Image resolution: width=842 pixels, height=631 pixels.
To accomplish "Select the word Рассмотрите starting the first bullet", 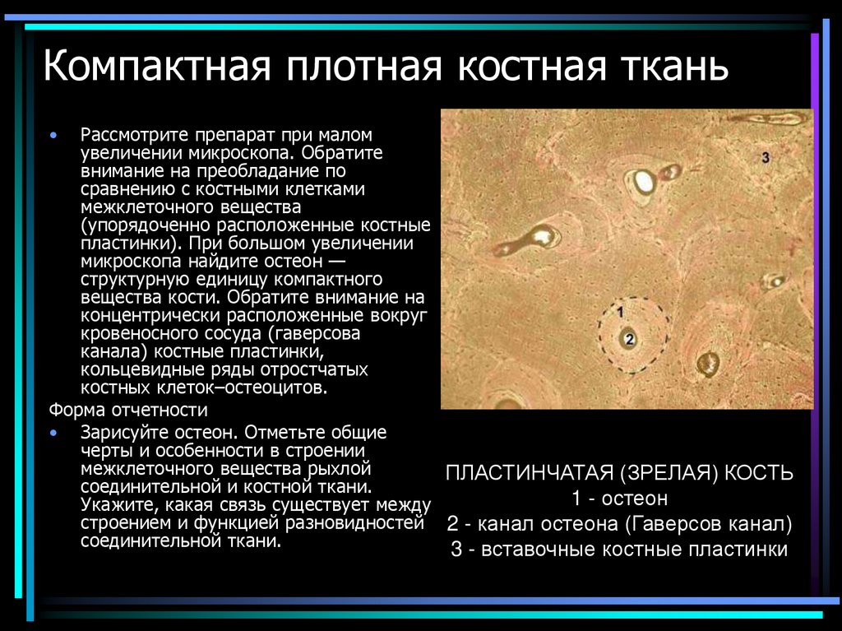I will tap(132, 133).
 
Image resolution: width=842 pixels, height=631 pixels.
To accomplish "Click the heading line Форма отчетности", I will tap(128, 410).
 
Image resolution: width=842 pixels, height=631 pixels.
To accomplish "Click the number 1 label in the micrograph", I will tap(621, 310).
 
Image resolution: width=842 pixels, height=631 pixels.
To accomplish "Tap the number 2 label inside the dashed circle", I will tap(629, 338).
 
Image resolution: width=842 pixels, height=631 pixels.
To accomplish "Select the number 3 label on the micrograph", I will tap(765, 156).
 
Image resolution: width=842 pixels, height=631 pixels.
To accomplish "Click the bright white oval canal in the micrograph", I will tap(643, 182).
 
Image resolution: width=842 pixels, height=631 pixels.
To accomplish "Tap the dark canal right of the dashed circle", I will tap(707, 362).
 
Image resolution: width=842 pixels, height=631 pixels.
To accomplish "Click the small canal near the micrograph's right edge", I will tap(774, 281).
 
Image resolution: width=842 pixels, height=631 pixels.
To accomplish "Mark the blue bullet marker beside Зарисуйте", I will tap(54, 433).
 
